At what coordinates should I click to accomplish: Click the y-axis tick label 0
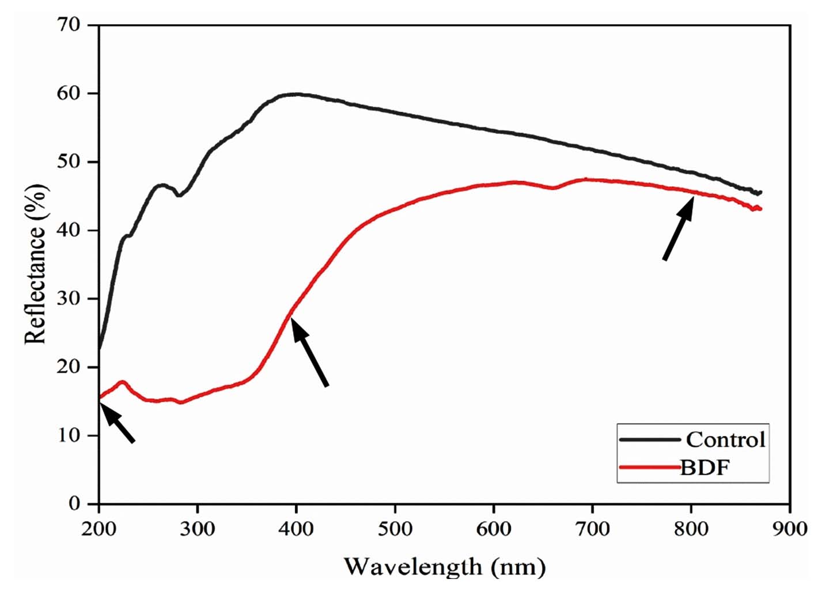point(74,503)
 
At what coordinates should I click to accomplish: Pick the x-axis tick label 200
point(99,528)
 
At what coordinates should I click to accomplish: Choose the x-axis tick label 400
point(296,528)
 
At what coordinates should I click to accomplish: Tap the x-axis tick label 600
point(494,528)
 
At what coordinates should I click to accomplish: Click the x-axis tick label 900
point(790,528)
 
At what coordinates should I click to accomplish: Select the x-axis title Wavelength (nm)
point(444,567)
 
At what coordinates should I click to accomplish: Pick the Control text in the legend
point(725,440)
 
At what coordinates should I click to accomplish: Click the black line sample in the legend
point(650,440)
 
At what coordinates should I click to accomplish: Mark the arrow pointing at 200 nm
point(118,422)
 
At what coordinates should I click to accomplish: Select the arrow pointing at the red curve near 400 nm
point(309,352)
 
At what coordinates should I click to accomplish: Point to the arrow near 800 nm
point(678,228)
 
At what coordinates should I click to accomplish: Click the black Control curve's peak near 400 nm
point(295,94)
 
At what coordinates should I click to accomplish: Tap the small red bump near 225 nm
point(122,382)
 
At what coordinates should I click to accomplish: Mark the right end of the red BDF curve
point(760,209)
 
